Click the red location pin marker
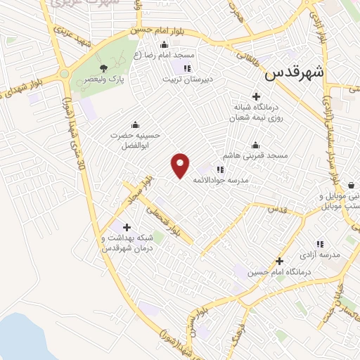[x=181, y=165]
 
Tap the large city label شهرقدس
[x=295, y=72]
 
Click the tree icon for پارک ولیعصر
[x=104, y=67]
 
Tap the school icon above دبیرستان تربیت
[x=187, y=68]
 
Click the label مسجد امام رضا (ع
[x=168, y=54]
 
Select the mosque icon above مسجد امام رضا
[x=165, y=44]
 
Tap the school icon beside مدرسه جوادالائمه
[x=220, y=169]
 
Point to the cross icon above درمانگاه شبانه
[x=256, y=96]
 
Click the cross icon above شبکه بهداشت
[x=127, y=227]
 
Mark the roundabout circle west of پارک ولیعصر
[x=65, y=74]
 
